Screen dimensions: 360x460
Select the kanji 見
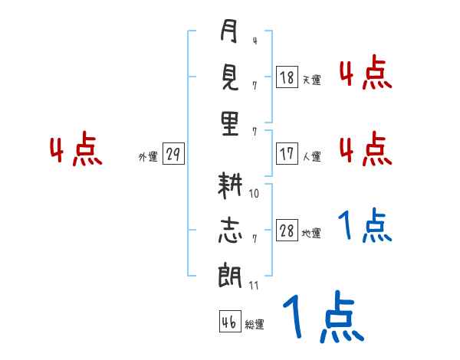pyautogui.click(x=229, y=77)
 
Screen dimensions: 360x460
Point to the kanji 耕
pyautogui.click(x=229, y=186)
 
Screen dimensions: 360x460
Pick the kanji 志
pyautogui.click(x=229, y=231)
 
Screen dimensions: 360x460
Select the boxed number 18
pyautogui.click(x=287, y=77)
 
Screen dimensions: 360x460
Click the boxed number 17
pyautogui.click(x=287, y=153)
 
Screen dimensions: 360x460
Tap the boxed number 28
pyautogui.click(x=287, y=231)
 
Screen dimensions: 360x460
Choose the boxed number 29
pyautogui.click(x=173, y=154)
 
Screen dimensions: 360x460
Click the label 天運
pyautogui.click(x=311, y=80)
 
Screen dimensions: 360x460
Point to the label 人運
pyautogui.click(x=311, y=156)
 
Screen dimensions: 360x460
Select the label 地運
pyautogui.click(x=311, y=234)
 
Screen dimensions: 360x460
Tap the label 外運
pyautogui.click(x=148, y=157)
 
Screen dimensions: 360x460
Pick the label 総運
pyautogui.click(x=255, y=325)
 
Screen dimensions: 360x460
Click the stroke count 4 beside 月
pyautogui.click(x=254, y=41)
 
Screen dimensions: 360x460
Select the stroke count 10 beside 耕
pyautogui.click(x=255, y=194)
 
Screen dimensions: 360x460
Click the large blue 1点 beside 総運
pyautogui.click(x=323, y=318)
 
